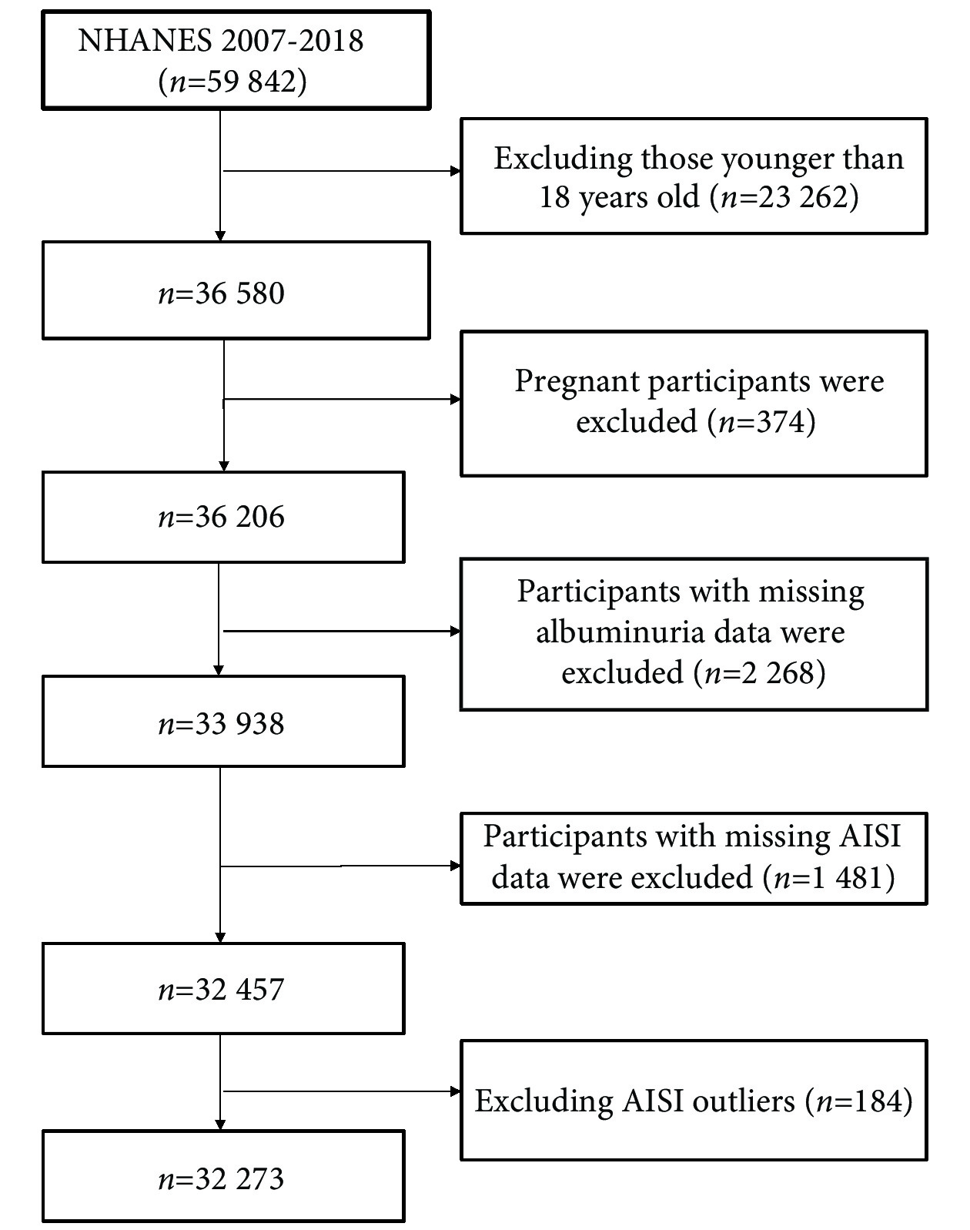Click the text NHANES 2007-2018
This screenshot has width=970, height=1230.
[x=220, y=41]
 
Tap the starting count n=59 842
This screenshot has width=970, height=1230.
[x=232, y=81]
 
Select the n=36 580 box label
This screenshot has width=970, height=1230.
[x=221, y=293]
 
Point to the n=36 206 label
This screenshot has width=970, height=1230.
[x=221, y=517]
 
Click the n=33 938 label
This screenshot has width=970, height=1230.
[x=221, y=723]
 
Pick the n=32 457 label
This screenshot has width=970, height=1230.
[x=221, y=990]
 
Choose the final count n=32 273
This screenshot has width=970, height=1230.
[x=221, y=1178]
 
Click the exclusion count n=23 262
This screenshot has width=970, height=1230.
[x=784, y=197]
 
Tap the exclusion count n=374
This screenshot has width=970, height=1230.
[x=761, y=422]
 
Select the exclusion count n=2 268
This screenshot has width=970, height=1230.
[x=759, y=672]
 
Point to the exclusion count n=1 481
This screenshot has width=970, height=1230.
[x=828, y=877]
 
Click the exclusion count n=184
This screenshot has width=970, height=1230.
[x=858, y=1101]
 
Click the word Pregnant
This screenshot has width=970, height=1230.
[x=577, y=382]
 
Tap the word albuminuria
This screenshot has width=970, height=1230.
[x=619, y=632]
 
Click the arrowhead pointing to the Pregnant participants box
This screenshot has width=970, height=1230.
[x=455, y=399]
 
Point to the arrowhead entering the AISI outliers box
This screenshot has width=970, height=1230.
[x=455, y=1091]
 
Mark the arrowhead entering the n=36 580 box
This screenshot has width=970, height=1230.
[x=220, y=236]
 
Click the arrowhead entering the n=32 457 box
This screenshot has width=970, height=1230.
[x=220, y=937]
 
